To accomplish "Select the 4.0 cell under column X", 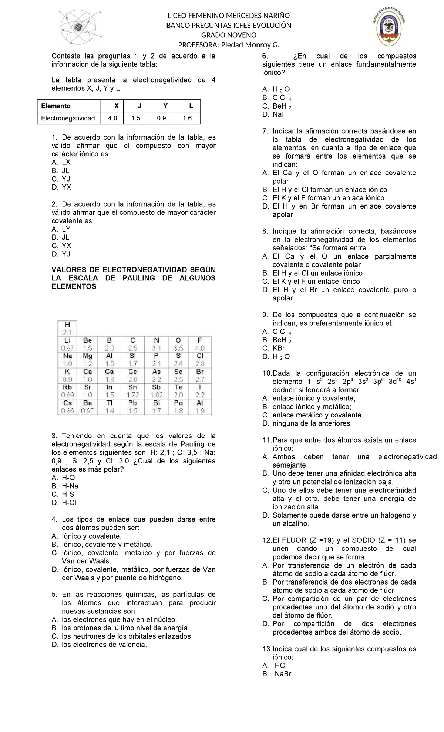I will coord(112,118).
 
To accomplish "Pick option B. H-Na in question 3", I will coord(65,486).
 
